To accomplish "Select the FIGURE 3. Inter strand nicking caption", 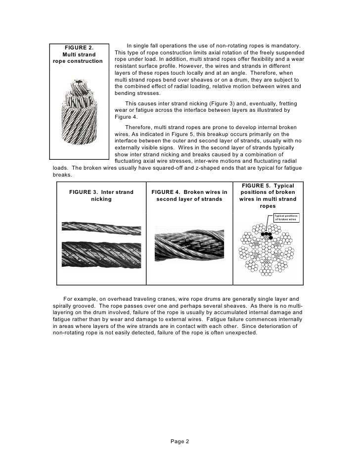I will point(101,196).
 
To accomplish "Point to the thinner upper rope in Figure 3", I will point(101,229).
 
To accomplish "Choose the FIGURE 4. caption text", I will point(189,196).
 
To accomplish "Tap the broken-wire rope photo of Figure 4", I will point(190,248).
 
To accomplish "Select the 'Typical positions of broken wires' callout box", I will point(286,217).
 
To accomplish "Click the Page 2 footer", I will point(180,442).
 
